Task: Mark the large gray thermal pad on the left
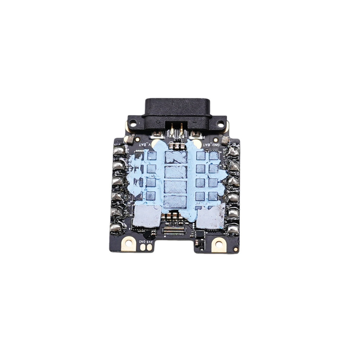click(147, 216)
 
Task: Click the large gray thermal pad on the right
click(210, 217)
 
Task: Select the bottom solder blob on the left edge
click(116, 228)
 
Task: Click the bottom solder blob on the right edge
click(233, 229)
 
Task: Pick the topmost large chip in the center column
click(176, 157)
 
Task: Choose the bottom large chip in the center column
click(176, 202)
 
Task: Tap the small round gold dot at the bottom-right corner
click(235, 249)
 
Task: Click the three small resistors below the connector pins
click(176, 146)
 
